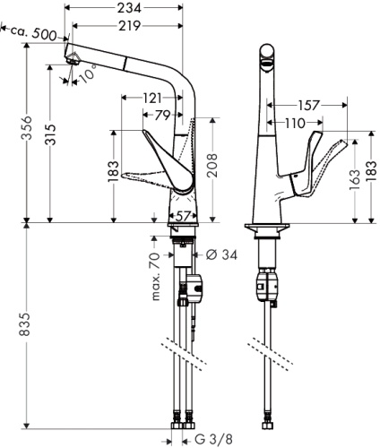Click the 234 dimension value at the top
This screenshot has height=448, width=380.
point(126,8)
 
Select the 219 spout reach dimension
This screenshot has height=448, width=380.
point(133,26)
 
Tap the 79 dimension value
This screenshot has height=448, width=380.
point(163,115)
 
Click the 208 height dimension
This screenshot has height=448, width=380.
point(212,167)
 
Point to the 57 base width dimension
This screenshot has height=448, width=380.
point(184,216)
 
